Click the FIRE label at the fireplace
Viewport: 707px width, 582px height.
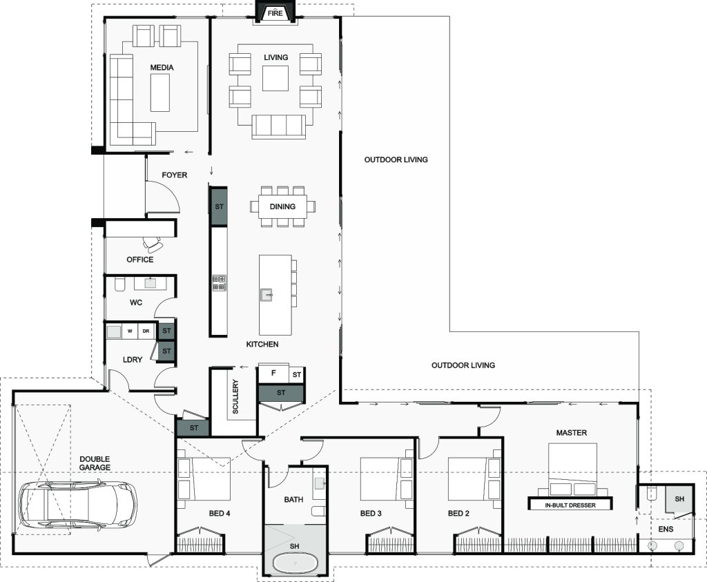click(275, 13)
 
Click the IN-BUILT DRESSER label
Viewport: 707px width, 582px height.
click(570, 505)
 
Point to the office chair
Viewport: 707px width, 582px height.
click(153, 244)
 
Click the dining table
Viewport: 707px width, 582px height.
click(282, 206)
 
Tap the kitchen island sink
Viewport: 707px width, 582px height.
click(267, 295)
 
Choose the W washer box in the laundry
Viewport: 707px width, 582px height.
click(130, 331)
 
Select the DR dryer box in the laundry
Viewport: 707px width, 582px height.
click(146, 331)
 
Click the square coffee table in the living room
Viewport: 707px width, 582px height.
click(275, 79)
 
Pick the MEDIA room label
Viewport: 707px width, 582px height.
click(162, 68)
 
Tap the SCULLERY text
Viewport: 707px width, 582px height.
click(235, 397)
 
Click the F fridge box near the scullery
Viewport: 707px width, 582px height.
click(273, 374)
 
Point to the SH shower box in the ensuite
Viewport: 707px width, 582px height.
click(679, 499)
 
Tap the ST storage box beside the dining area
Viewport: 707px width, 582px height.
click(219, 206)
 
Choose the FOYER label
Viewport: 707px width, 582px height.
click(175, 175)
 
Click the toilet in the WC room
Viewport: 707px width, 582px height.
click(119, 284)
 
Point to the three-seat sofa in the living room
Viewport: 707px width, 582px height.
click(279, 126)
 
